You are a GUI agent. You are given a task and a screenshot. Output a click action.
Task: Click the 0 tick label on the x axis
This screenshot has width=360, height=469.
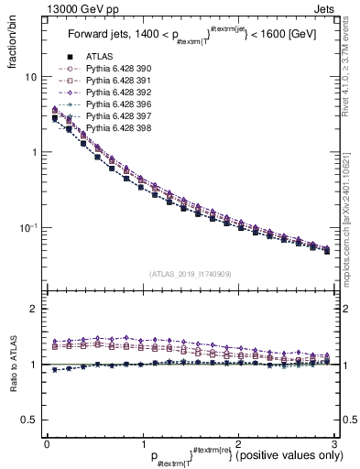pos(46,443)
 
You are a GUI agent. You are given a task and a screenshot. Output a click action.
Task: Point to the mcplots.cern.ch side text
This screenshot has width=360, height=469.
pos(352,229)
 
